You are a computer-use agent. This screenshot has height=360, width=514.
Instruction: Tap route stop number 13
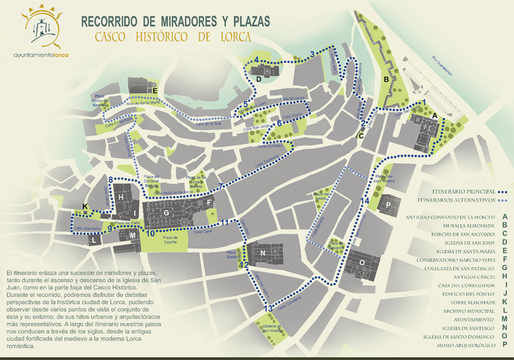tap(268, 309)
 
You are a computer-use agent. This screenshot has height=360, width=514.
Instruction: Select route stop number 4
tap(257, 59)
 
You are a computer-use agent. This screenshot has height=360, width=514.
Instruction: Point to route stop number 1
tap(423, 102)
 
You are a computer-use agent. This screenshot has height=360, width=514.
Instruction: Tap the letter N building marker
tap(262, 253)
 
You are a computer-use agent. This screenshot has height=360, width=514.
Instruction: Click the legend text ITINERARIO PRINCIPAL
tap(456, 192)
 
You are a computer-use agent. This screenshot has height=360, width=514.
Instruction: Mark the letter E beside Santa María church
tap(154, 89)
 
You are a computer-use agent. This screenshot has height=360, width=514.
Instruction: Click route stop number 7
tap(221, 187)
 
